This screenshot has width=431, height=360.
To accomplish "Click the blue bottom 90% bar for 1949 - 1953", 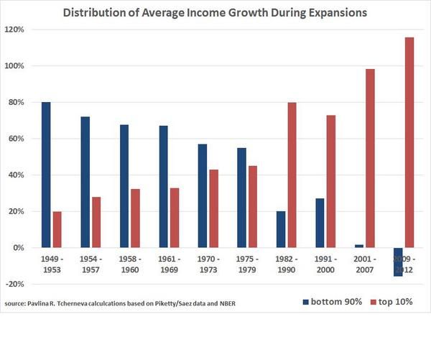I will pos(46,175).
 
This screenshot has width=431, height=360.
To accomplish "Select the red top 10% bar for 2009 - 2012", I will pos(409,142).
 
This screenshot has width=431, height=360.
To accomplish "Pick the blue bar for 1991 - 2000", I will pos(319,223).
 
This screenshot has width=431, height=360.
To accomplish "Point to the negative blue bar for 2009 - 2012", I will pos(397,262).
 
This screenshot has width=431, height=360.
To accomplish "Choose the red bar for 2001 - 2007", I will pos(370,158).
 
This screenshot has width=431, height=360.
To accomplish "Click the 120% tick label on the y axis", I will pos(14,29).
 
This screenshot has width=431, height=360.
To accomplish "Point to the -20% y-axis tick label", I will pos(14,284).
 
